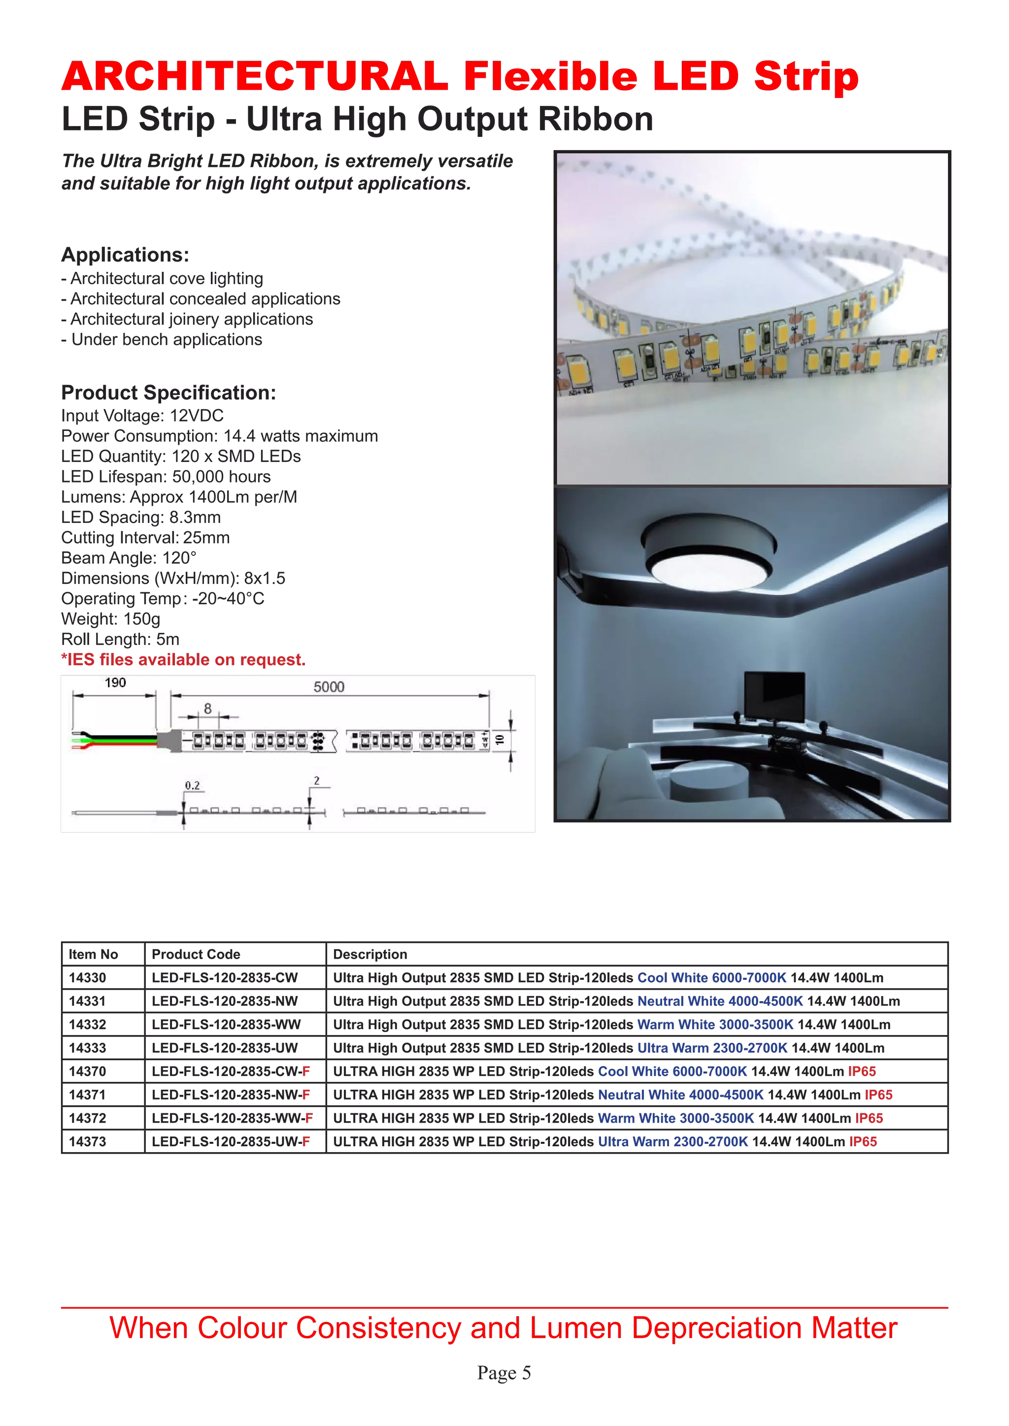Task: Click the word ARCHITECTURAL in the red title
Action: (255, 76)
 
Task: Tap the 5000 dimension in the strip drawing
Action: (329, 687)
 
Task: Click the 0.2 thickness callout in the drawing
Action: (193, 786)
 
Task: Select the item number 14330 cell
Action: (88, 977)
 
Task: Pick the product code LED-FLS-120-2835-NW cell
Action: (225, 1001)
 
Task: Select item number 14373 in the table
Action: (88, 1141)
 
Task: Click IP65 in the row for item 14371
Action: (878, 1094)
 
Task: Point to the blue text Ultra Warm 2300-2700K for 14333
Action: (712, 1048)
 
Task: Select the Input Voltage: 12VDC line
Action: (142, 416)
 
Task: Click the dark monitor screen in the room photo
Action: (774, 696)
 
